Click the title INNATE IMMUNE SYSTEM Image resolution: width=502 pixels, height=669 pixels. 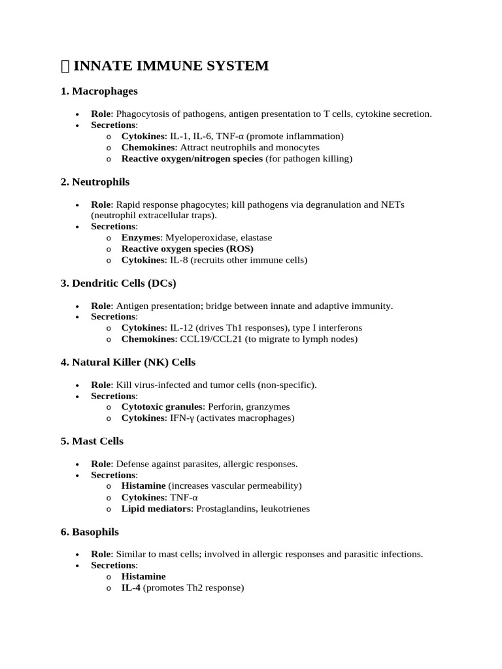point(171,65)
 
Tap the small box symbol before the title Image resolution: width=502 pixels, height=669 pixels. point(65,65)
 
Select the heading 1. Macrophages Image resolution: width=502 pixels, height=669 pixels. point(99,91)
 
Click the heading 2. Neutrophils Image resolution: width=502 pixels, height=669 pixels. point(95,182)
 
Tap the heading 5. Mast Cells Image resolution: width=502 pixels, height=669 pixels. point(92,441)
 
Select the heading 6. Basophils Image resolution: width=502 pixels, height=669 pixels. point(90,532)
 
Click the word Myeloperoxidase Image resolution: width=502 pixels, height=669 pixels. point(197,238)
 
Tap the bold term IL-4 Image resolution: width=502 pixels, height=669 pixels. point(131,588)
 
